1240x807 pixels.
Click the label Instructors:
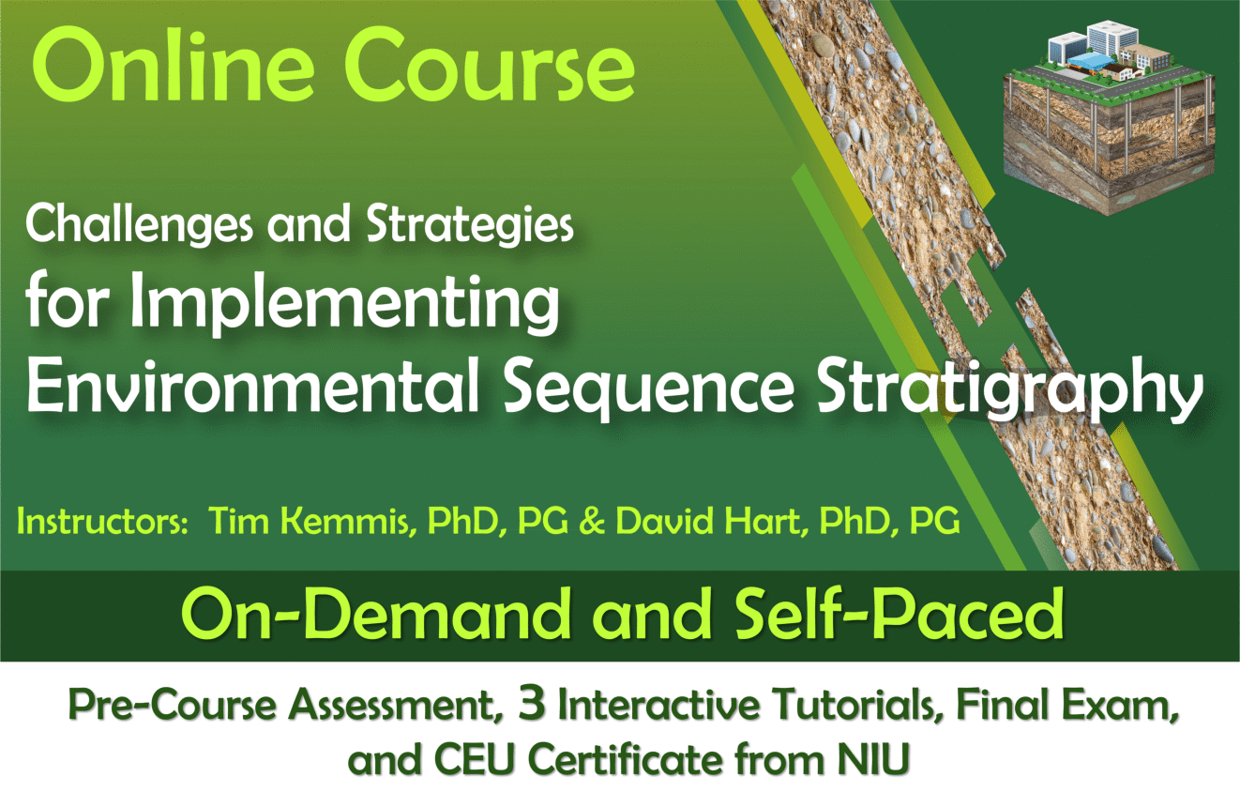103,521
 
